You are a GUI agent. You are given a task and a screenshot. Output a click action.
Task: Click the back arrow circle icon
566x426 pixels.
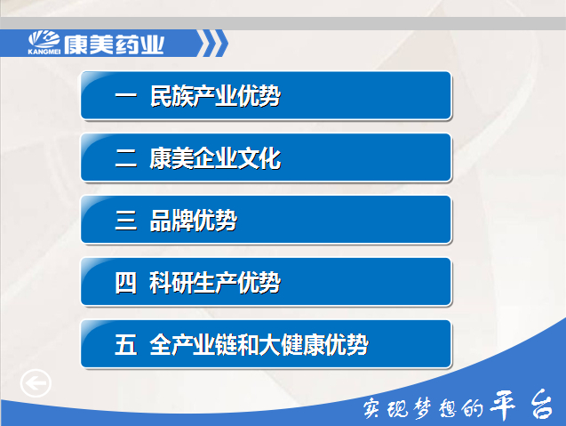(36, 383)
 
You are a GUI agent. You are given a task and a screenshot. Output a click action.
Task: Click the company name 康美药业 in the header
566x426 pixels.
(114, 44)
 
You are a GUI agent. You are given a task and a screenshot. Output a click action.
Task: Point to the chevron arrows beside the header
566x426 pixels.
(212, 44)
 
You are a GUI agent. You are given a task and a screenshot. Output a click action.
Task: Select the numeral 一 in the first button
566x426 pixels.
(125, 96)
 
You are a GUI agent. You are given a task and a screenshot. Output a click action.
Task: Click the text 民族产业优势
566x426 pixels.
(215, 96)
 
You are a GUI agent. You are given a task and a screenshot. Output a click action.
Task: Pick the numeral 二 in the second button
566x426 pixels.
(125, 158)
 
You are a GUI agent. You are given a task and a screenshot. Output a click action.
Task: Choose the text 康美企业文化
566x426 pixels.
(215, 158)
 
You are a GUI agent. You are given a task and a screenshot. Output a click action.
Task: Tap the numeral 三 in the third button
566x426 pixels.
(125, 221)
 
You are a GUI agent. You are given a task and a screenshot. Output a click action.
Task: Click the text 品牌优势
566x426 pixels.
(194, 221)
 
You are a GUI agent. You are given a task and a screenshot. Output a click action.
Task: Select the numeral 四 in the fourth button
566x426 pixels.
(125, 283)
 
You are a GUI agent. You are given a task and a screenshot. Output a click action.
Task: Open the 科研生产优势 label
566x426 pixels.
(215, 283)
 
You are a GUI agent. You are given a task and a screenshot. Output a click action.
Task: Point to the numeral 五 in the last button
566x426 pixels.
(125, 344)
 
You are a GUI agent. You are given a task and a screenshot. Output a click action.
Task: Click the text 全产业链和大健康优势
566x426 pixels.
(259, 345)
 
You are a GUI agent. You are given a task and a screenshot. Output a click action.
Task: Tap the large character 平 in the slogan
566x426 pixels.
(503, 405)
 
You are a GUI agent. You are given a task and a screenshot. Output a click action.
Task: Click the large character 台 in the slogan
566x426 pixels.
(542, 405)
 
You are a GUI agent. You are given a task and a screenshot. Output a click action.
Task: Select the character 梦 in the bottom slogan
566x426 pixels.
(423, 408)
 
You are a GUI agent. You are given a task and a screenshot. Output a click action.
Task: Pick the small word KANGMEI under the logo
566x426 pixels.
(44, 52)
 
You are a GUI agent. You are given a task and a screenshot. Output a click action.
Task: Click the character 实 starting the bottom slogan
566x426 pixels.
(372, 408)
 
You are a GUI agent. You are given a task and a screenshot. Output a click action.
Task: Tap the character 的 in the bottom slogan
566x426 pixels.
(473, 408)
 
